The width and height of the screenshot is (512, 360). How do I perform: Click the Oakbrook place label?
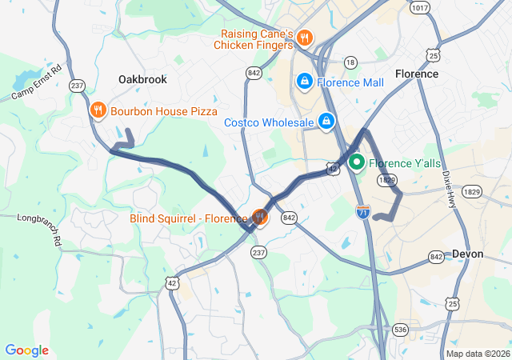click(142, 79)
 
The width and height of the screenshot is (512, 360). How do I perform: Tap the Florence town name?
click(416, 74)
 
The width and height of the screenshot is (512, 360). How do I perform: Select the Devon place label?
click(468, 254)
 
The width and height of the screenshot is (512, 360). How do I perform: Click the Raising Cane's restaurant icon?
click(305, 38)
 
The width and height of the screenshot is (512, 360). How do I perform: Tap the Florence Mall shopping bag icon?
click(305, 82)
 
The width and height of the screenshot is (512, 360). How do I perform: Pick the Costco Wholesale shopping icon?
click(326, 122)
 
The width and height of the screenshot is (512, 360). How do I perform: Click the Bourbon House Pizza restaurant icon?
click(98, 111)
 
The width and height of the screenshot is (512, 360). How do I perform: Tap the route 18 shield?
click(350, 62)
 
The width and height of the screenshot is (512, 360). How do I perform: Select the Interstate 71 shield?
click(362, 211)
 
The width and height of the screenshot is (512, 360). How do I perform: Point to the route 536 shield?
click(400, 329)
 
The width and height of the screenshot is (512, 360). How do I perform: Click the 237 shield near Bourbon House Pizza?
click(78, 85)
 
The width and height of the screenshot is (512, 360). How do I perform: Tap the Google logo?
click(26, 350)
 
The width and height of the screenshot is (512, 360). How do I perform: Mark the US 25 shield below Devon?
click(453, 304)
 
